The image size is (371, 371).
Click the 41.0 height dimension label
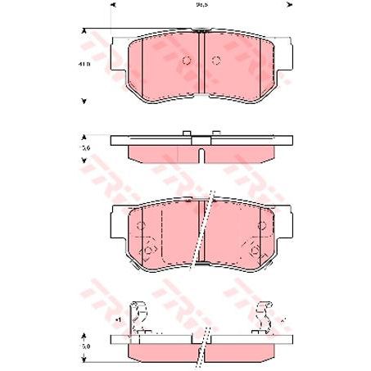(84, 63)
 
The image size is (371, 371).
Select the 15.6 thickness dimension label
(84, 148)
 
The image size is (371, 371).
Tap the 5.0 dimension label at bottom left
(84, 346)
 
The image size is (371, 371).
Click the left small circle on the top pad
(186, 61)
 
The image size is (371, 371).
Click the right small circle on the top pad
(216, 61)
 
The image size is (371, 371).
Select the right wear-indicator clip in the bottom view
(264, 317)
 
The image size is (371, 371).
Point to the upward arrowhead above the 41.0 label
(84, 31)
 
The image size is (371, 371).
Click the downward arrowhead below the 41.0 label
(84, 102)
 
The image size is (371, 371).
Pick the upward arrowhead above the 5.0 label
(84, 335)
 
